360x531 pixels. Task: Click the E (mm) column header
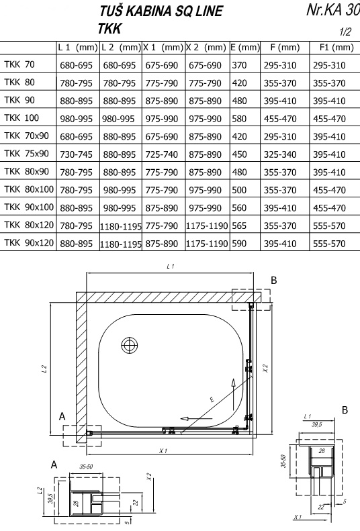click(245, 48)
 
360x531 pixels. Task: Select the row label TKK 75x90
click(27, 154)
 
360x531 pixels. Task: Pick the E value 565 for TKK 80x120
click(239, 226)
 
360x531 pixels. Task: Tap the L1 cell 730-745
click(76, 154)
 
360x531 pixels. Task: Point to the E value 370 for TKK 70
click(239, 65)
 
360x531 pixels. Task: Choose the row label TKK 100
click(21, 118)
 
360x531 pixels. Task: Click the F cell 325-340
click(280, 154)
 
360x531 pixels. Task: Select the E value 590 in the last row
click(239, 244)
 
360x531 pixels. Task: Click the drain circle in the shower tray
click(130, 346)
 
